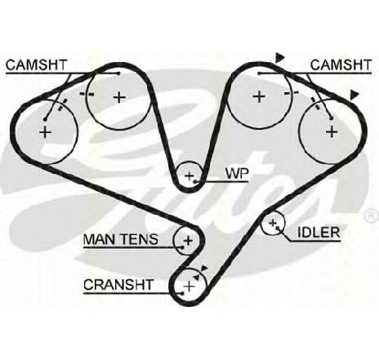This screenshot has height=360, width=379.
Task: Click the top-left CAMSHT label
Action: pyautogui.click(x=36, y=65)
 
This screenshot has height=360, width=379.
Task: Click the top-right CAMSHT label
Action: pyautogui.click(x=341, y=65)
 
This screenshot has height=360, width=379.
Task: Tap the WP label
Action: pyautogui.click(x=237, y=173)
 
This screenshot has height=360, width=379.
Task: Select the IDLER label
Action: pyautogui.click(x=319, y=233)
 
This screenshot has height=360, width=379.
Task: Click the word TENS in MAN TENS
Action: pyautogui.click(x=140, y=239)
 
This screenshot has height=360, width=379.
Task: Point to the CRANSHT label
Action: pyautogui.click(x=118, y=285)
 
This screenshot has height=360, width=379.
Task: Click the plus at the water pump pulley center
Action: pyautogui.click(x=189, y=176)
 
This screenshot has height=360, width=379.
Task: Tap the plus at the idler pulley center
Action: pyautogui.click(x=272, y=223)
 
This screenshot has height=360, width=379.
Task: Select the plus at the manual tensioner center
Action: pyautogui.click(x=188, y=241)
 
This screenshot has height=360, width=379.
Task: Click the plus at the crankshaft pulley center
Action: pyautogui.click(x=189, y=287)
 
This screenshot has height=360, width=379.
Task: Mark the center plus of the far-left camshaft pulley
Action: pyautogui.click(x=46, y=132)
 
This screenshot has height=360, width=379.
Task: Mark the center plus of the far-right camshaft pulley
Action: pyautogui.click(x=332, y=131)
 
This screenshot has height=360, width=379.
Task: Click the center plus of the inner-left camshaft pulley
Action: pyautogui.click(x=119, y=97)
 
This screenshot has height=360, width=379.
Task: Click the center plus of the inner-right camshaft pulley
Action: pyautogui.click(x=259, y=97)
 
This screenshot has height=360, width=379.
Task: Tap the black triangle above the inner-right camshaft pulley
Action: pyautogui.click(x=279, y=58)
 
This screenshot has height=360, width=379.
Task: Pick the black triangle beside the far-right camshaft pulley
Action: pyautogui.click(x=354, y=95)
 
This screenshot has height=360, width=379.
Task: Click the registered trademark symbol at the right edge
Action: pyautogui.click(x=371, y=216)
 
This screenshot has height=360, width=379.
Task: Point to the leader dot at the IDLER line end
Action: pyautogui.click(x=277, y=228)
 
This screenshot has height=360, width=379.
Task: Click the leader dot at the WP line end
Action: pyautogui.click(x=195, y=181)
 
